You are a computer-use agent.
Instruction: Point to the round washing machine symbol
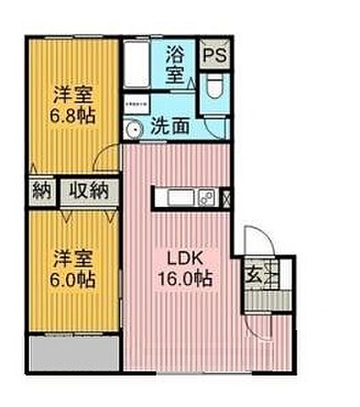coord(132,129)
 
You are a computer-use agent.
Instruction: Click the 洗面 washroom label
coord(169,128)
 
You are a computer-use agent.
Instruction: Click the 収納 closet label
coord(88,190)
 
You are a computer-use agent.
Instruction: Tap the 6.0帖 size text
coord(71,277)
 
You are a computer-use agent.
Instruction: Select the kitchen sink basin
coord(180,198)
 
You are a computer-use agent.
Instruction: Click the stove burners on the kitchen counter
coord(208,198)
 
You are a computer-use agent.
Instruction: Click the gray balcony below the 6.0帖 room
coord(73,353)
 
